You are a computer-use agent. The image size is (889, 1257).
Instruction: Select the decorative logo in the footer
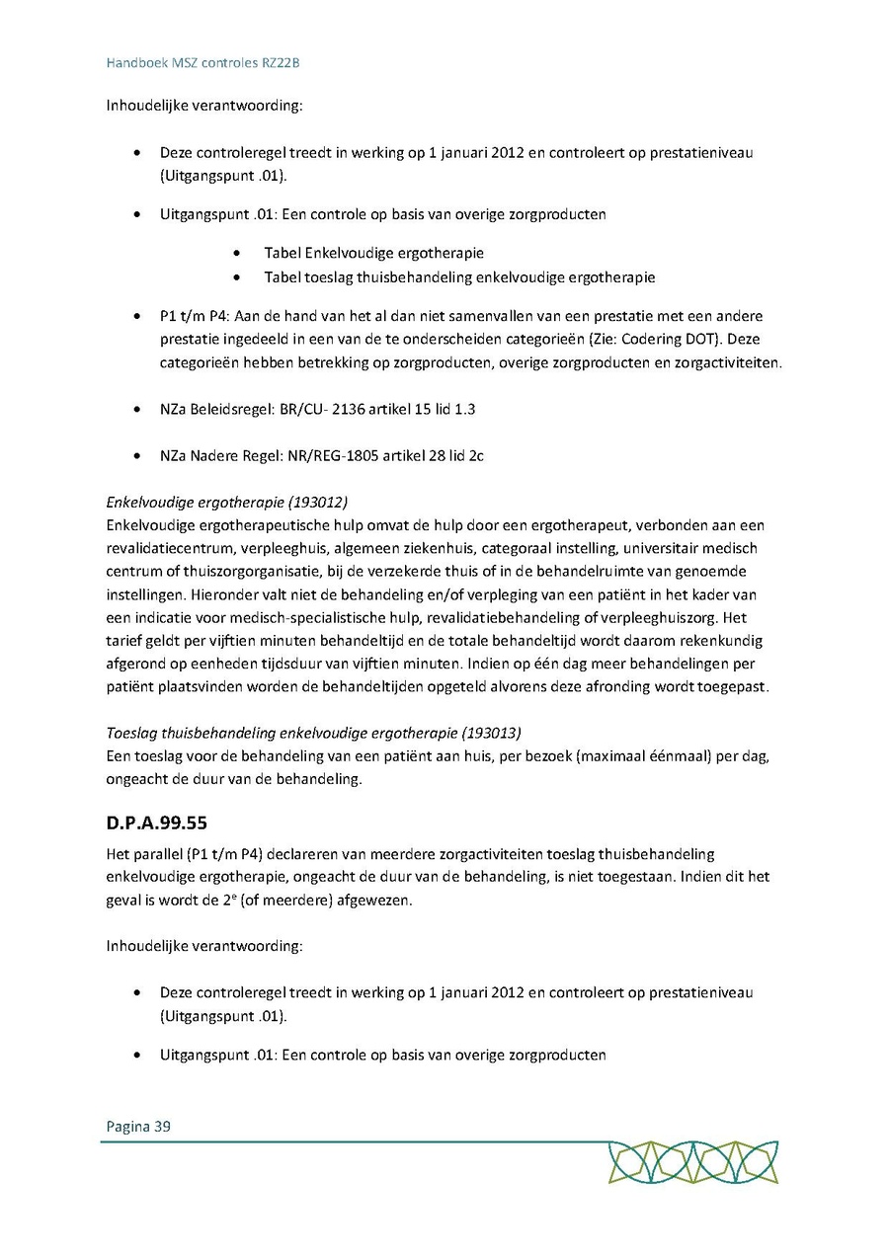click(x=692, y=1162)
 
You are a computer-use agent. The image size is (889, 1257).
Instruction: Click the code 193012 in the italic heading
click(x=322, y=502)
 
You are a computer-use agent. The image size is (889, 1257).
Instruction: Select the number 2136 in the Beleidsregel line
click(x=362, y=408)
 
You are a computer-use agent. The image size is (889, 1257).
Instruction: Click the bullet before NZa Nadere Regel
click(x=136, y=455)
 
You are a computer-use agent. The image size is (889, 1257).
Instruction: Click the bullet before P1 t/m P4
click(x=136, y=316)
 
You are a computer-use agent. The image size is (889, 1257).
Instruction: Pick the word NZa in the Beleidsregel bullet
click(x=174, y=408)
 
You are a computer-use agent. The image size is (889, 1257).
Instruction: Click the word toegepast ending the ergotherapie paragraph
click(x=733, y=686)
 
